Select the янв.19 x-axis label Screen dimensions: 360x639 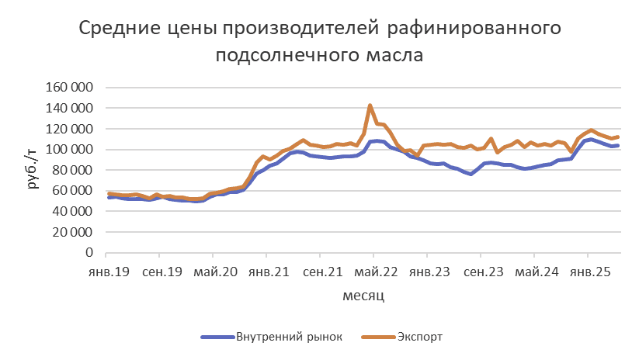106,272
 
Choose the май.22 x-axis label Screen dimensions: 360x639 373,272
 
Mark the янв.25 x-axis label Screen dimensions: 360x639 589,272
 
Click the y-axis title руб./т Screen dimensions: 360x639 32,169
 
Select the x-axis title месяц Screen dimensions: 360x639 363,296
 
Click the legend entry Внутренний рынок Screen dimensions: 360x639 288,337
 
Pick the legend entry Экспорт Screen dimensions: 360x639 420,337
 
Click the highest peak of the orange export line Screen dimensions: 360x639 370,106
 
